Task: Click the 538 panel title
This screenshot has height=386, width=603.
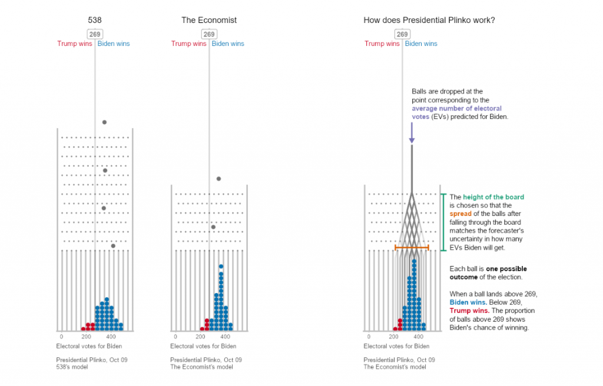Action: [95, 20]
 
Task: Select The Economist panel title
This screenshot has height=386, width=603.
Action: [209, 20]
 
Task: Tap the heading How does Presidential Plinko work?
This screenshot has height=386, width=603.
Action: [429, 20]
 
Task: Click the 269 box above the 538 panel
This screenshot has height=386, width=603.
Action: [95, 34]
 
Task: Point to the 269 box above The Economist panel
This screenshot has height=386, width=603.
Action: [209, 34]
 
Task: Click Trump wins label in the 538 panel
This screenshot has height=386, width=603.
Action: [74, 44]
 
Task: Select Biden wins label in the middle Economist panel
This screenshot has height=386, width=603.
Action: [228, 44]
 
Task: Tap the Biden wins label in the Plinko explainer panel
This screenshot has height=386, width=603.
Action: [421, 44]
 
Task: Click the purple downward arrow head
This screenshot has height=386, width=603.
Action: [412, 140]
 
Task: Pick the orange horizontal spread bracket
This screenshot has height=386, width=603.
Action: [412, 248]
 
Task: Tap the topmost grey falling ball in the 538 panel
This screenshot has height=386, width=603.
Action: [104, 122]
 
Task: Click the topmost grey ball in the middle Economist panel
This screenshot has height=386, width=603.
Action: [218, 179]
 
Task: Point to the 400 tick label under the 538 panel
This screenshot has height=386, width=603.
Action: [111, 337]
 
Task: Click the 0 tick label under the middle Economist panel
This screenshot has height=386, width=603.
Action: [175, 337]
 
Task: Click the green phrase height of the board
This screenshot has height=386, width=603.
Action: [493, 197]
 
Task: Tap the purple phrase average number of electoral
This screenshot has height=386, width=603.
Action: [456, 109]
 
